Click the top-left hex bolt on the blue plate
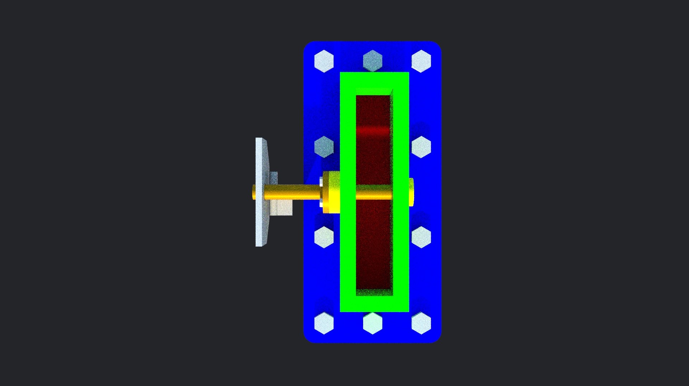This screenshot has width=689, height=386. pyautogui.click(x=324, y=61)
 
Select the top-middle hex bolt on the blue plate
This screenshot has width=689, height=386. pyautogui.click(x=372, y=61)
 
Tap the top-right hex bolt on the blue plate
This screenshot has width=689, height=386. pyautogui.click(x=421, y=61)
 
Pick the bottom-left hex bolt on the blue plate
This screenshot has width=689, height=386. pyautogui.click(x=324, y=323)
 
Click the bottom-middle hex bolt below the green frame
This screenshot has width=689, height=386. pyautogui.click(x=372, y=323)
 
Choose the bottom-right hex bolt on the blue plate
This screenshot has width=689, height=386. pyautogui.click(x=421, y=323)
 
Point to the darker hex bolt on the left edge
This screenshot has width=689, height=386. pyautogui.click(x=324, y=147)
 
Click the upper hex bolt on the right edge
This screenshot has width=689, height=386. pyautogui.click(x=421, y=147)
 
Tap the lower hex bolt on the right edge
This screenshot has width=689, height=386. pyautogui.click(x=421, y=237)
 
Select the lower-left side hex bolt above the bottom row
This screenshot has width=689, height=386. pyautogui.click(x=324, y=237)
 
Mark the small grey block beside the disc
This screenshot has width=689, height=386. pyautogui.click(x=282, y=208)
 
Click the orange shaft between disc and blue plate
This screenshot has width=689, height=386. pyautogui.click(x=292, y=192)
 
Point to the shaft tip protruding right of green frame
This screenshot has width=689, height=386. pyautogui.click(x=411, y=192)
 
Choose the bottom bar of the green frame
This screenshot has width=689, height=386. pyautogui.click(x=374, y=304)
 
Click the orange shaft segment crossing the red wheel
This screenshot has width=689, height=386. pyautogui.click(x=373, y=192)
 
